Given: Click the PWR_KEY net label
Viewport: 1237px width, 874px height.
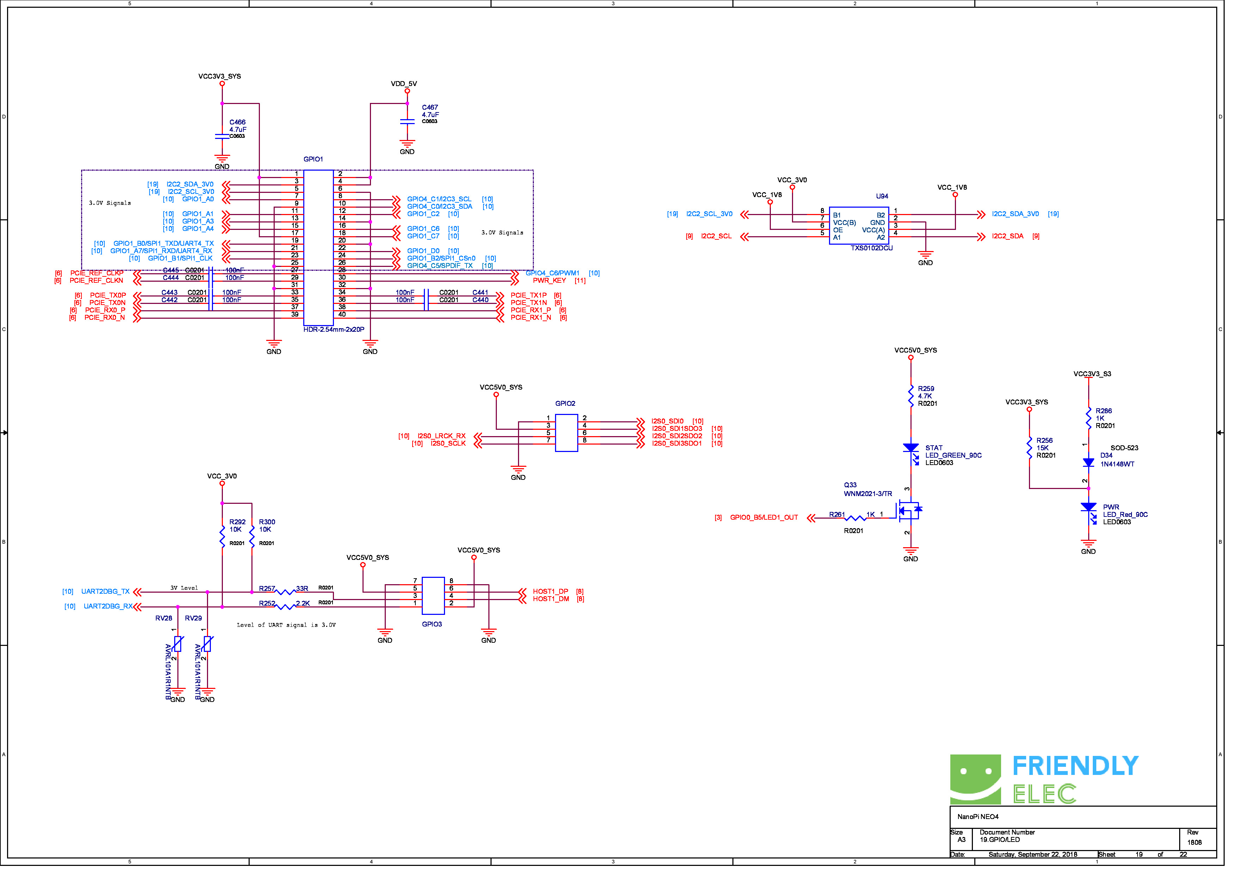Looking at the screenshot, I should pos(554,283).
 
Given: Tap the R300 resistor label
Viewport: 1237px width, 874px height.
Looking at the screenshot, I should pos(269,527).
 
